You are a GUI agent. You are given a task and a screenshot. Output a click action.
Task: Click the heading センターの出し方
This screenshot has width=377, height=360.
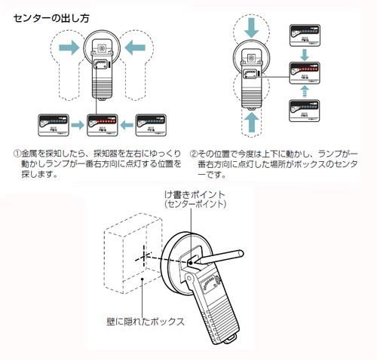(x=51, y=18)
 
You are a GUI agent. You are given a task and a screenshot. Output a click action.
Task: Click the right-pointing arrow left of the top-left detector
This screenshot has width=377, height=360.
(x=69, y=47)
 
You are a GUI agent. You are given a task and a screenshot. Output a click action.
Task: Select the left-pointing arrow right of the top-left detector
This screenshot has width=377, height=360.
(x=135, y=47)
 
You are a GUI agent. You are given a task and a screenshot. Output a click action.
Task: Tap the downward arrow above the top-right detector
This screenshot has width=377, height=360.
(x=251, y=27)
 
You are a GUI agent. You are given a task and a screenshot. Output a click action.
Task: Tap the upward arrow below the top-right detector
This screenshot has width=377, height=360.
(x=251, y=122)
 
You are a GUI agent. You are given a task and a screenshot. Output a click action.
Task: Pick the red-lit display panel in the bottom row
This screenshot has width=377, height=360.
(x=103, y=125)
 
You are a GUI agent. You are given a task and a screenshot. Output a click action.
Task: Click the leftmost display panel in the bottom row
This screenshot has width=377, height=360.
(x=54, y=125)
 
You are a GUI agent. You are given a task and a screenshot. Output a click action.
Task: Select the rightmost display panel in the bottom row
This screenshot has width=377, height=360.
(x=151, y=125)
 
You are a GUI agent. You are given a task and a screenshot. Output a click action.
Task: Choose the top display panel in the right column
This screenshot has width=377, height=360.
(x=305, y=35)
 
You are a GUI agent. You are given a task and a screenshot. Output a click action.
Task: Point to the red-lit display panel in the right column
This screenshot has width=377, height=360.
(x=305, y=73)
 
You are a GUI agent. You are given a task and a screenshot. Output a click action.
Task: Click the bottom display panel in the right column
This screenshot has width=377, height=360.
(x=305, y=111)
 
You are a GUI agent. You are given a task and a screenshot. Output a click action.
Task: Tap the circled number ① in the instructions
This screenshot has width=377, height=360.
(x=17, y=154)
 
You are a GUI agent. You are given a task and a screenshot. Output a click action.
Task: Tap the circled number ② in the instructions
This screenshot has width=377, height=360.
(x=193, y=154)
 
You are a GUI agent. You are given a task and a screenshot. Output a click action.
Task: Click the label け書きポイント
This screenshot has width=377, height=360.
(x=195, y=194)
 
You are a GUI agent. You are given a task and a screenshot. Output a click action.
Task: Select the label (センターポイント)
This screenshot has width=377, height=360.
(x=195, y=204)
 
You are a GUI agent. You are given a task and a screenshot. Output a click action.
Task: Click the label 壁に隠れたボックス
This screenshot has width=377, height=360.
(x=146, y=322)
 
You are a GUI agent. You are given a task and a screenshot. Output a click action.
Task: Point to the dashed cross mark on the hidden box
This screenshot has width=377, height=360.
(x=143, y=257)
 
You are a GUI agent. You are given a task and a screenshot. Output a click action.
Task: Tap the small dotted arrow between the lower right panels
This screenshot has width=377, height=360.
(x=305, y=91)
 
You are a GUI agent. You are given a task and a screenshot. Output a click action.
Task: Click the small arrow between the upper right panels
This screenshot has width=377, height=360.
(x=305, y=54)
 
